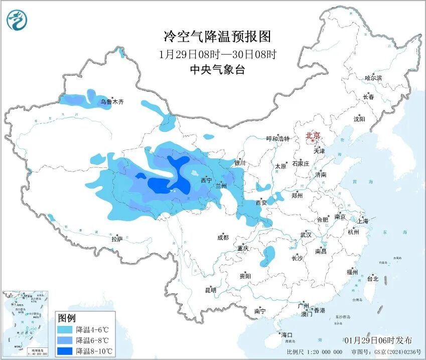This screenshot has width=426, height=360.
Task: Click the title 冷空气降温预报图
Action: [x=217, y=36]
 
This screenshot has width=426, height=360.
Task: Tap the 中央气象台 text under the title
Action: [x=217, y=70]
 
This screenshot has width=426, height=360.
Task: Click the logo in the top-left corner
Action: [x=17, y=20]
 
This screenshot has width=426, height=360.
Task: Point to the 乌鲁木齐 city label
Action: [x=112, y=102]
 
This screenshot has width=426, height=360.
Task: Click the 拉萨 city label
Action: [x=116, y=239]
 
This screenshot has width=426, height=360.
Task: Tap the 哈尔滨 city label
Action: [x=373, y=78]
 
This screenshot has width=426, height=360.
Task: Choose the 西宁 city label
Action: [x=206, y=180]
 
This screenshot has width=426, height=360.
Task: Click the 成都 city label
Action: [x=223, y=238]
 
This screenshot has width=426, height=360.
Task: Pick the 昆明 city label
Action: [x=211, y=290]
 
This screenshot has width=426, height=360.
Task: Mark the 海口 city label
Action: [x=287, y=334]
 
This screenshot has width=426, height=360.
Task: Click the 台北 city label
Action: [x=372, y=278]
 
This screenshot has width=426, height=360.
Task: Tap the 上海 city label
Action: [x=362, y=221]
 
